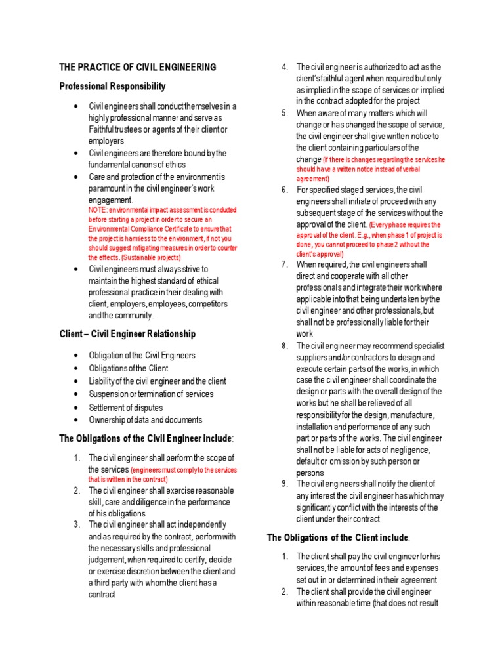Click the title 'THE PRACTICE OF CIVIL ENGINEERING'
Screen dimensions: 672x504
(x=138, y=68)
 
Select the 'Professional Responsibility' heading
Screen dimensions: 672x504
(x=112, y=87)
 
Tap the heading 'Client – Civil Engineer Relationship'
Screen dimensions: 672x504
(x=127, y=334)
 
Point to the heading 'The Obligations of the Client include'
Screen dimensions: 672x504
(x=338, y=538)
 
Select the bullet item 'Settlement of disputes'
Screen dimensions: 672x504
(x=126, y=408)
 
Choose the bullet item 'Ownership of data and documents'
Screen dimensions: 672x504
(x=146, y=420)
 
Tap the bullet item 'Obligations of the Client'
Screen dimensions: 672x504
(x=129, y=368)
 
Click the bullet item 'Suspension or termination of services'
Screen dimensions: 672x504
(x=151, y=394)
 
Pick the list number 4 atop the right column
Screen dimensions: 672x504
(x=285, y=67)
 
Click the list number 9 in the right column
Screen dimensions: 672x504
(x=285, y=484)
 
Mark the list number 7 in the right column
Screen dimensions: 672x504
(x=285, y=264)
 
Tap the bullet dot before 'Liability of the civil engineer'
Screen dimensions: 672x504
(x=77, y=381)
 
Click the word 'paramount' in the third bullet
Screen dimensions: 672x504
(x=108, y=188)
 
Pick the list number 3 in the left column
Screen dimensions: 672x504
(x=77, y=524)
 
